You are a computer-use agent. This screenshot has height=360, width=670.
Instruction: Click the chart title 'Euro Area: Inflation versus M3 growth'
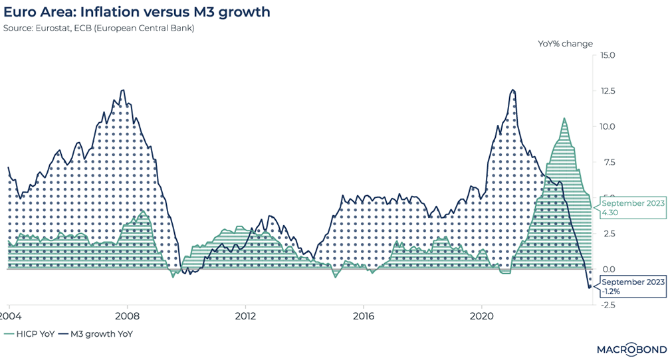(x=137, y=12)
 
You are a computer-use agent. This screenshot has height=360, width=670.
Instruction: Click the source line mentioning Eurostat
(x=99, y=29)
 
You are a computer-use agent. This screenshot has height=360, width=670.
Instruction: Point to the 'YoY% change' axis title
(x=565, y=43)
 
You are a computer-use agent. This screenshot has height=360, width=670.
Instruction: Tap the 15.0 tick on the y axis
(x=609, y=56)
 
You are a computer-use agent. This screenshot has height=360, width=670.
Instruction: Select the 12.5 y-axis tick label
(x=609, y=91)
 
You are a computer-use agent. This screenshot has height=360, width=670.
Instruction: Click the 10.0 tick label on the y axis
(x=609, y=127)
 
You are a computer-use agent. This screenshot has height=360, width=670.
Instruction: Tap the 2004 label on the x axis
(x=9, y=316)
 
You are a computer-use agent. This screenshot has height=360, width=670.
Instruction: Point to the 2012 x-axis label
(x=245, y=316)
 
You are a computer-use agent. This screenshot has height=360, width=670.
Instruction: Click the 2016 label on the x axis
(x=363, y=316)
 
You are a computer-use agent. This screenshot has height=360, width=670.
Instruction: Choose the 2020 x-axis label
(x=481, y=316)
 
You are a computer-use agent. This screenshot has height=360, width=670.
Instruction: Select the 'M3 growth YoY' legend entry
(x=95, y=334)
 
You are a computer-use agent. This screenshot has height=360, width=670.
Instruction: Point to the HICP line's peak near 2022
(x=564, y=119)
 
